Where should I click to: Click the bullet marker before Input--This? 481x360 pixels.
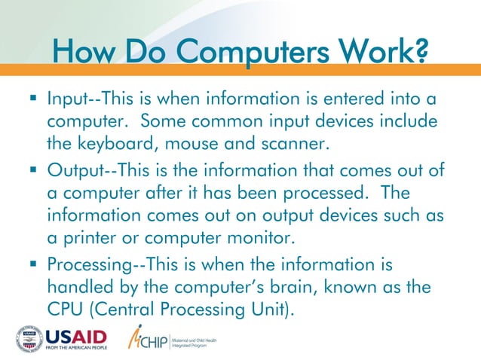click(x=35, y=99)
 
